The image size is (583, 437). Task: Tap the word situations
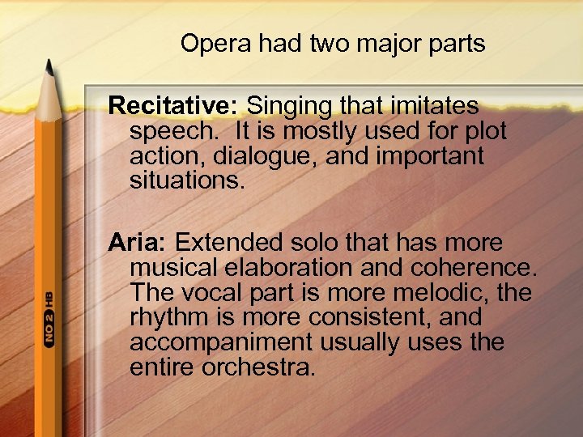(186, 180)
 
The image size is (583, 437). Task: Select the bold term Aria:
(138, 243)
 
